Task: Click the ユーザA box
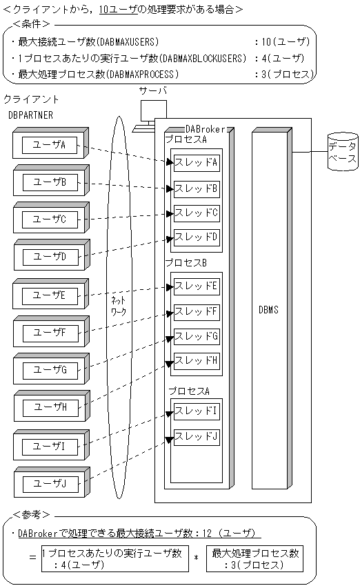click(x=49, y=145)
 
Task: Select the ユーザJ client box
click(x=49, y=484)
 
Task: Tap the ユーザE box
click(x=49, y=295)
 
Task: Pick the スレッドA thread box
click(x=196, y=163)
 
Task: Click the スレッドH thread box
click(x=196, y=360)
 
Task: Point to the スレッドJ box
click(x=196, y=436)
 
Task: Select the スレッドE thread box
click(x=196, y=285)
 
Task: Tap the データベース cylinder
click(x=342, y=152)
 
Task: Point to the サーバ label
click(x=153, y=90)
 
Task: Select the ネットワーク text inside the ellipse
click(x=119, y=306)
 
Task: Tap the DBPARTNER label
click(x=30, y=114)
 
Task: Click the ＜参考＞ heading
click(x=31, y=515)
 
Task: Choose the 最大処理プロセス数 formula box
click(x=255, y=558)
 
